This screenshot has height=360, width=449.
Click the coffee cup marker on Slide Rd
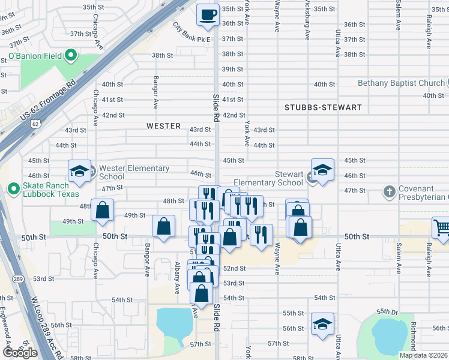pyautogui.click(x=208, y=15)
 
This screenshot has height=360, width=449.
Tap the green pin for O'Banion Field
pyautogui.click(x=71, y=57)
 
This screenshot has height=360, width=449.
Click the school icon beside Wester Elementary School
pyautogui.click(x=79, y=172)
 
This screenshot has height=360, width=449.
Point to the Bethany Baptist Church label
pyautogui.click(x=401, y=83)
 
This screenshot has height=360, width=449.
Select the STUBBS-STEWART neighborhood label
pyautogui.click(x=323, y=107)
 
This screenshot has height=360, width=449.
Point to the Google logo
pyautogui.click(x=20, y=353)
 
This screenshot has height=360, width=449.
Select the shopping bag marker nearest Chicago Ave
pyautogui.click(x=103, y=210)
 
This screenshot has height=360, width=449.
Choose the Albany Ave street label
pyautogui.click(x=177, y=277)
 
